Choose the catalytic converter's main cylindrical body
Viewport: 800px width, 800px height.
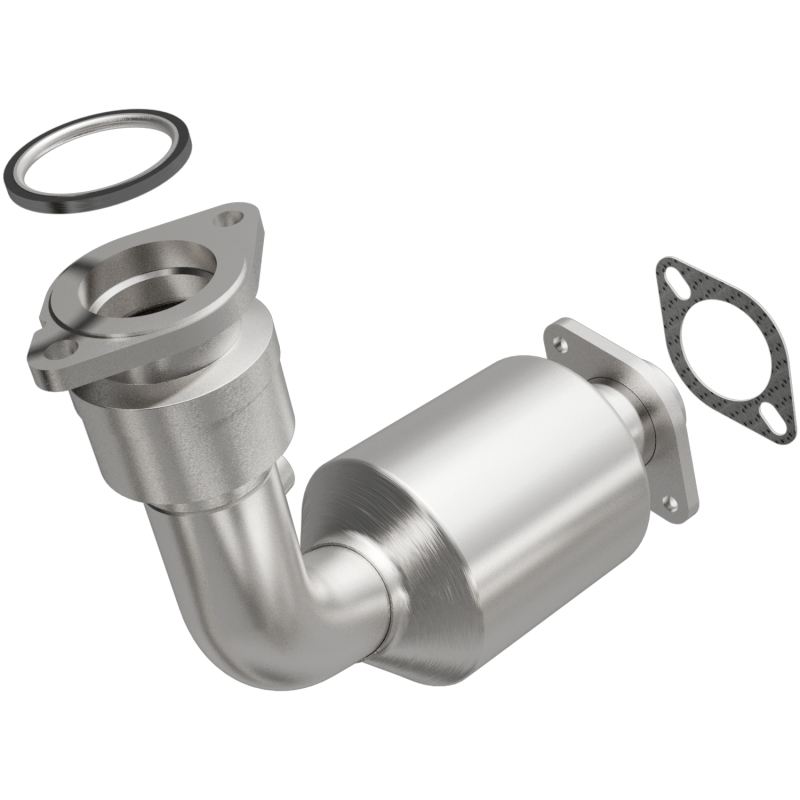pos(500,490)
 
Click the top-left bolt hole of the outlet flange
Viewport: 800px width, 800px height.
pos(559,343)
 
